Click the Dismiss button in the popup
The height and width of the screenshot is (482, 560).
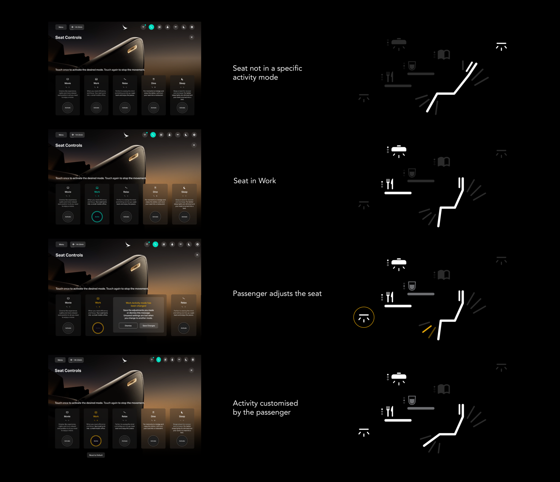(128, 326)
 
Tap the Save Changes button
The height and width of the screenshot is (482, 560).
(149, 326)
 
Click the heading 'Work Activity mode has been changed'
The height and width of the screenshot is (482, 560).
(138, 304)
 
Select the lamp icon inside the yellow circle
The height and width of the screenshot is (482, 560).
(364, 318)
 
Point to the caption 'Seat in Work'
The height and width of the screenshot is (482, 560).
(255, 181)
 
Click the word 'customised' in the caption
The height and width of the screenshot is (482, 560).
(279, 403)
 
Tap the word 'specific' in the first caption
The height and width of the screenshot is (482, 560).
(289, 68)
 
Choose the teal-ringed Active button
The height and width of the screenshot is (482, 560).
(97, 217)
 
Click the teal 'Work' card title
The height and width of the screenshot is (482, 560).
(97, 192)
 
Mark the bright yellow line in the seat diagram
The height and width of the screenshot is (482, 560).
(427, 329)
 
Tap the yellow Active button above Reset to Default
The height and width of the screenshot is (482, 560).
(96, 441)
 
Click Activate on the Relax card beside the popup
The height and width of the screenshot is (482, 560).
(184, 328)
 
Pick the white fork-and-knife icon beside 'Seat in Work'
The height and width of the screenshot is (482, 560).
(390, 184)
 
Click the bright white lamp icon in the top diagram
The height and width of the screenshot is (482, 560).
(501, 47)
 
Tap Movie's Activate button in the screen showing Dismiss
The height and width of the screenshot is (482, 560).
(68, 328)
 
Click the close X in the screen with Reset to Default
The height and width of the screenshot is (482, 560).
(191, 370)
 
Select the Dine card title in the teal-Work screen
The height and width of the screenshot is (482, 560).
(155, 192)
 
